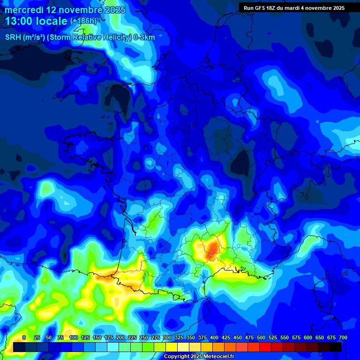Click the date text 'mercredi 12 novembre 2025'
65,10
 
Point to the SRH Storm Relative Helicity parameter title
80,37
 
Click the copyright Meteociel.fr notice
205,357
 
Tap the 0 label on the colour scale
24,337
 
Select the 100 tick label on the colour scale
74,337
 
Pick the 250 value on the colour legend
144,337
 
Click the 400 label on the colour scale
214,337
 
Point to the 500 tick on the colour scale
261,337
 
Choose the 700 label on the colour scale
343,337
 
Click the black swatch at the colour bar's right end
336,347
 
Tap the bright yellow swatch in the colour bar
172,347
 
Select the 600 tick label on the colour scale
308,337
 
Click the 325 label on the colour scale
179,337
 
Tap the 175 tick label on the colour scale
109,337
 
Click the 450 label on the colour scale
238,337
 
